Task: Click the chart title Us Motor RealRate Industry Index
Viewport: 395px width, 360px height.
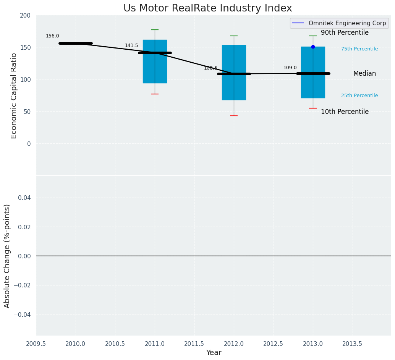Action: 207,8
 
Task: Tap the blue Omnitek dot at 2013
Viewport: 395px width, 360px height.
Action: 313,47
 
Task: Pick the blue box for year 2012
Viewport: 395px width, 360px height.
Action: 234,88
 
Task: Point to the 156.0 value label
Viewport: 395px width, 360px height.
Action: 52,36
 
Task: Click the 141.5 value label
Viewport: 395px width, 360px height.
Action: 131,45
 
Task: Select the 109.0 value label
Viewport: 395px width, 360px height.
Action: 290,68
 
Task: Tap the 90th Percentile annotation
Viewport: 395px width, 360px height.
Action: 345,33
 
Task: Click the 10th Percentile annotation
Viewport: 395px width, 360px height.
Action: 345,112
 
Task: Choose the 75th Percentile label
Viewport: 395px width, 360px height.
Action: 359,49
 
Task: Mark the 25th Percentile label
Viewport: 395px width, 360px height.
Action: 359,96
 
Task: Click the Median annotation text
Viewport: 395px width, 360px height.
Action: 364,74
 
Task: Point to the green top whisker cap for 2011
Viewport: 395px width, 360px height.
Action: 155,30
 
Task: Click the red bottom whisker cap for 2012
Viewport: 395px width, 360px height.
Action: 234,116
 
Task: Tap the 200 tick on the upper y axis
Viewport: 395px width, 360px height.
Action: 25,16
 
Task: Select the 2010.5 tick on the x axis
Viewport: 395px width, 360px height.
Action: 115,344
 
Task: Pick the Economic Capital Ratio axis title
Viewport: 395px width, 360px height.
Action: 14,96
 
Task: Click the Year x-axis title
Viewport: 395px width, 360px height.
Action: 214,353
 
